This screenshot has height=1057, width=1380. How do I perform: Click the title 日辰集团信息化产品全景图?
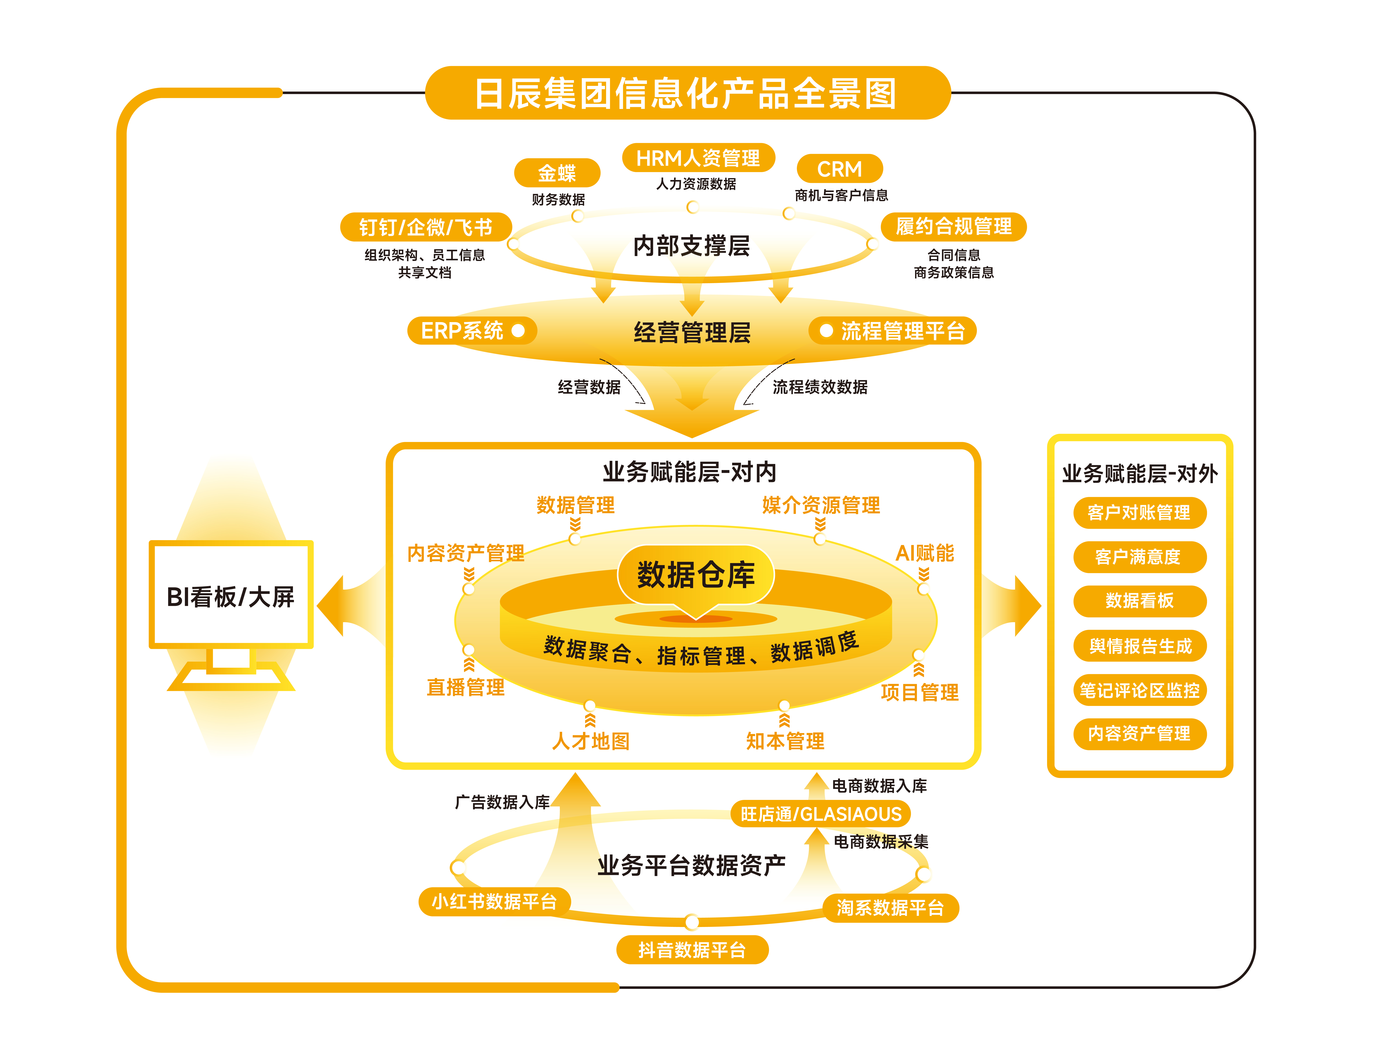pyautogui.click(x=687, y=93)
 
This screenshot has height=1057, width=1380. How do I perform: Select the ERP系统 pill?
pyautogui.click(x=471, y=330)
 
